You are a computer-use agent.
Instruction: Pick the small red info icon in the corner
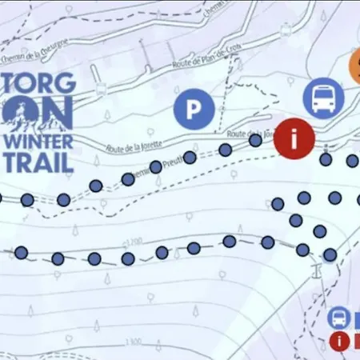pyautogui.click(x=340, y=342)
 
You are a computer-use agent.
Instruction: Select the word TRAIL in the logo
pyautogui.click(x=39, y=162)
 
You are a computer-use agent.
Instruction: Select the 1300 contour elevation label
pyautogui.click(x=133, y=342)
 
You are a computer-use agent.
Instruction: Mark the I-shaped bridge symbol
pyautogui.click(x=318, y=269)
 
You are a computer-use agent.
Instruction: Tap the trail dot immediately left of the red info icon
pyautogui.click(x=255, y=141)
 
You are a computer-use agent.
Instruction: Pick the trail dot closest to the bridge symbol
pyautogui.click(x=329, y=254)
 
